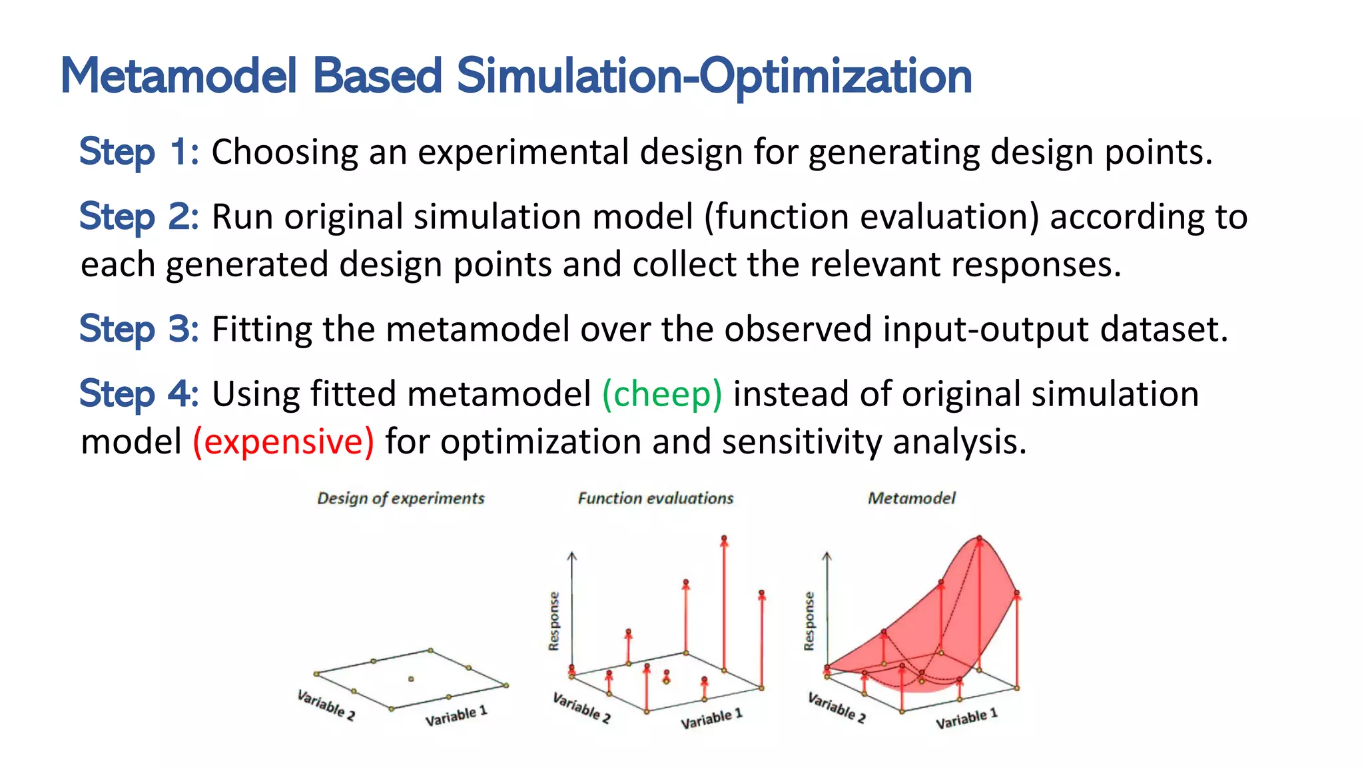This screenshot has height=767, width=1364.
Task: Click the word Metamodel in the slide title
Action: coord(178,76)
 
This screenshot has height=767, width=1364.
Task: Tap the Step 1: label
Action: coord(139,152)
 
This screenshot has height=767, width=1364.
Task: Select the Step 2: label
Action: coord(139,216)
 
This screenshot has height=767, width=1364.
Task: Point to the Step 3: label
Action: coord(139,329)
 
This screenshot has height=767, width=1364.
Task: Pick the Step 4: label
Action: coord(139,393)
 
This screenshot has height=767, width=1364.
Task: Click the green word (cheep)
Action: coord(662,393)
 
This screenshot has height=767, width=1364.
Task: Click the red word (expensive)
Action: coord(284,441)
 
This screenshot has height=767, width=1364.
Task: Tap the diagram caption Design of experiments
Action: coord(401,498)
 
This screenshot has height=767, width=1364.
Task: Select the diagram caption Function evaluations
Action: coord(655,498)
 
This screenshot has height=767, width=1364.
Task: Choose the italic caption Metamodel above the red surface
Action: coord(911,498)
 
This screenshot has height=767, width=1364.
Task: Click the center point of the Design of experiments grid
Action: coord(411,679)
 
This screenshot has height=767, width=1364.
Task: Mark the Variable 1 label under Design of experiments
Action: coord(456,716)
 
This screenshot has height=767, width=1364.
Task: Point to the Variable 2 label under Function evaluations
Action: coord(581,708)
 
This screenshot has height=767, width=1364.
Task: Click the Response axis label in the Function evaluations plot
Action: coord(554,621)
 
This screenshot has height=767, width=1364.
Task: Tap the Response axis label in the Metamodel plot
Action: coord(809,621)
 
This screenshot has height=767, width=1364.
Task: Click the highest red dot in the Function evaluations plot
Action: coord(724,538)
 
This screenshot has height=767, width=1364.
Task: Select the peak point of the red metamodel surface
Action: coord(979,538)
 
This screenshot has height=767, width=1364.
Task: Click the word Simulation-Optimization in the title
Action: coord(714,76)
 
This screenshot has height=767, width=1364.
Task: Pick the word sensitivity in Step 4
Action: coord(801,441)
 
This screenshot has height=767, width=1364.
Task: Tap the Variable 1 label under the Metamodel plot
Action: coord(966,718)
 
